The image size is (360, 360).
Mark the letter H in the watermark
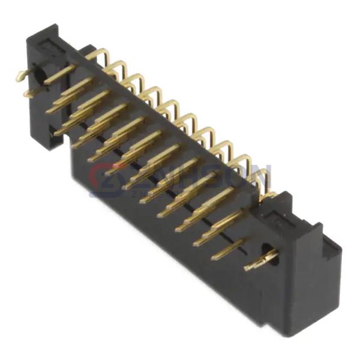click(180, 177)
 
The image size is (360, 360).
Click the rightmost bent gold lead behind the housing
click(261, 180)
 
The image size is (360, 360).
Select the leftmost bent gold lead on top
click(99, 56)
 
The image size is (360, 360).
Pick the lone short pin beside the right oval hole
click(228, 249)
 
